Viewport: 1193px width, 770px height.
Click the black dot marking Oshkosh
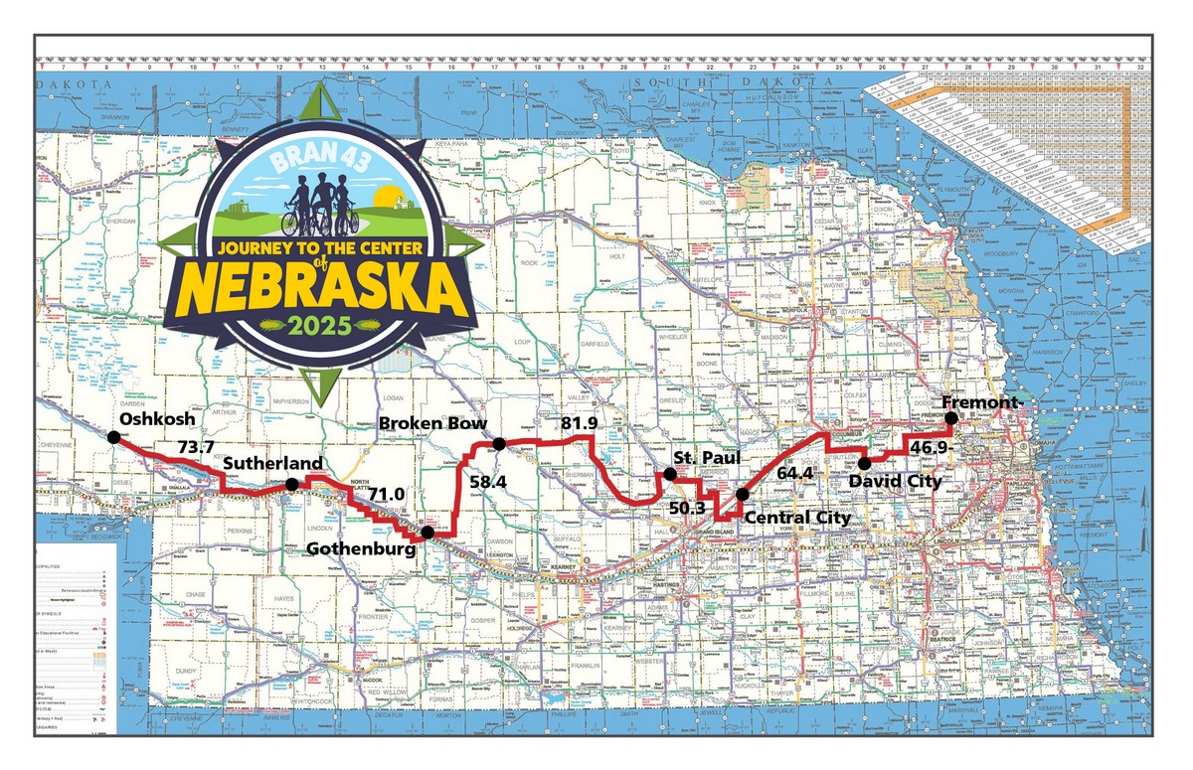pos(113,436)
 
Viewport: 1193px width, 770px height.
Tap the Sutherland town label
pos(272,464)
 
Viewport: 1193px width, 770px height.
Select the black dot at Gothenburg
pos(427,532)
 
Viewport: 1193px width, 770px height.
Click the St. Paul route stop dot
pos(670,474)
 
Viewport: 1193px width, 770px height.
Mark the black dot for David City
pos(865,463)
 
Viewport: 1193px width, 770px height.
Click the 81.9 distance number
pos(580,425)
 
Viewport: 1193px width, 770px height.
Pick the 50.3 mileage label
pos(688,508)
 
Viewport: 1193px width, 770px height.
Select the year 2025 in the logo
pos(319,324)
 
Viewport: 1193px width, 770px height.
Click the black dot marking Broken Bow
pos(499,443)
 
